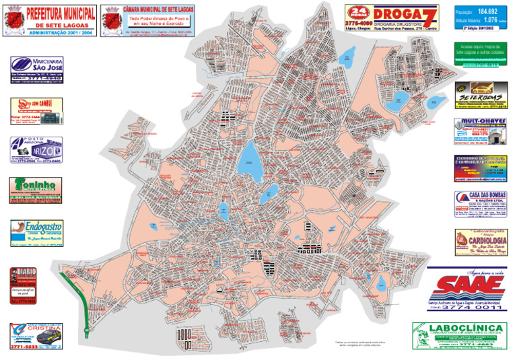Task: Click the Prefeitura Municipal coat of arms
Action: (x=14, y=20)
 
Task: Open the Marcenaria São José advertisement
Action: (x=36, y=69)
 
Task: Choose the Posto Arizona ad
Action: (x=36, y=151)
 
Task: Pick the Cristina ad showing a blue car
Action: (x=36, y=336)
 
